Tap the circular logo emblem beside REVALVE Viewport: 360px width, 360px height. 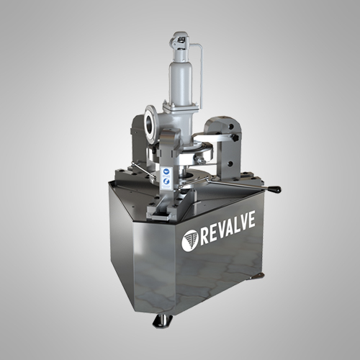(190, 240)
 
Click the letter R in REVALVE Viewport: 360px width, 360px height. (204, 235)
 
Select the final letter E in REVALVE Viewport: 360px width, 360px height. (251, 219)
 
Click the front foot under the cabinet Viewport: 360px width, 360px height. (163, 321)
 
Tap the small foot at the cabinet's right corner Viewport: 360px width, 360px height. (257, 276)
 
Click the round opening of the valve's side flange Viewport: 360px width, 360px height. (150, 125)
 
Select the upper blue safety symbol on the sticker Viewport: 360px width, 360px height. (166, 171)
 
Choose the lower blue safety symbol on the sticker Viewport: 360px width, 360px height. (166, 181)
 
